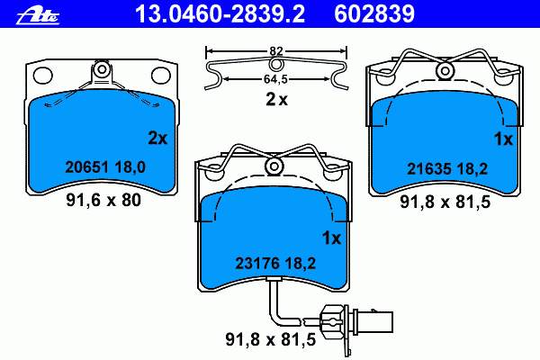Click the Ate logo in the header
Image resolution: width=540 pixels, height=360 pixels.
tap(38, 15)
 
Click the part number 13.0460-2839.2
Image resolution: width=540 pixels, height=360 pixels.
tap(220, 14)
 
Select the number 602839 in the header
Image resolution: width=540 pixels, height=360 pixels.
tap(374, 14)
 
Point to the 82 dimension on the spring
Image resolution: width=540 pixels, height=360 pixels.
tap(276, 51)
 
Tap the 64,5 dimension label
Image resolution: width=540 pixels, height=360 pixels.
tap(275, 79)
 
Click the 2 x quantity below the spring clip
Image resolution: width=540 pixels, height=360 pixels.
tap(276, 100)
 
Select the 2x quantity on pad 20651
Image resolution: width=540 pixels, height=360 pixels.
tap(157, 138)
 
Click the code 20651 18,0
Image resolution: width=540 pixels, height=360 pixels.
tap(105, 167)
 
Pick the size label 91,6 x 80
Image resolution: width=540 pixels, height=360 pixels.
tap(103, 200)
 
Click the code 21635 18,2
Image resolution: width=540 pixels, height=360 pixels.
tap(447, 169)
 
